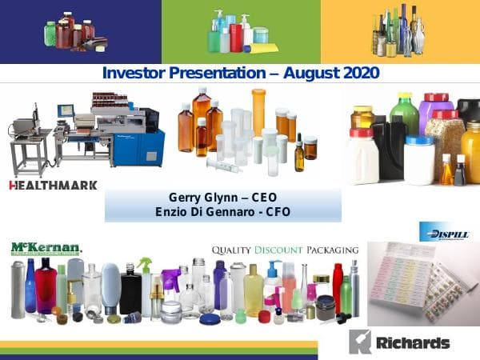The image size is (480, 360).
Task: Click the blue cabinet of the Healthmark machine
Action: point(149,145)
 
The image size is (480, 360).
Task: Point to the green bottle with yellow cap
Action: point(405,120)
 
